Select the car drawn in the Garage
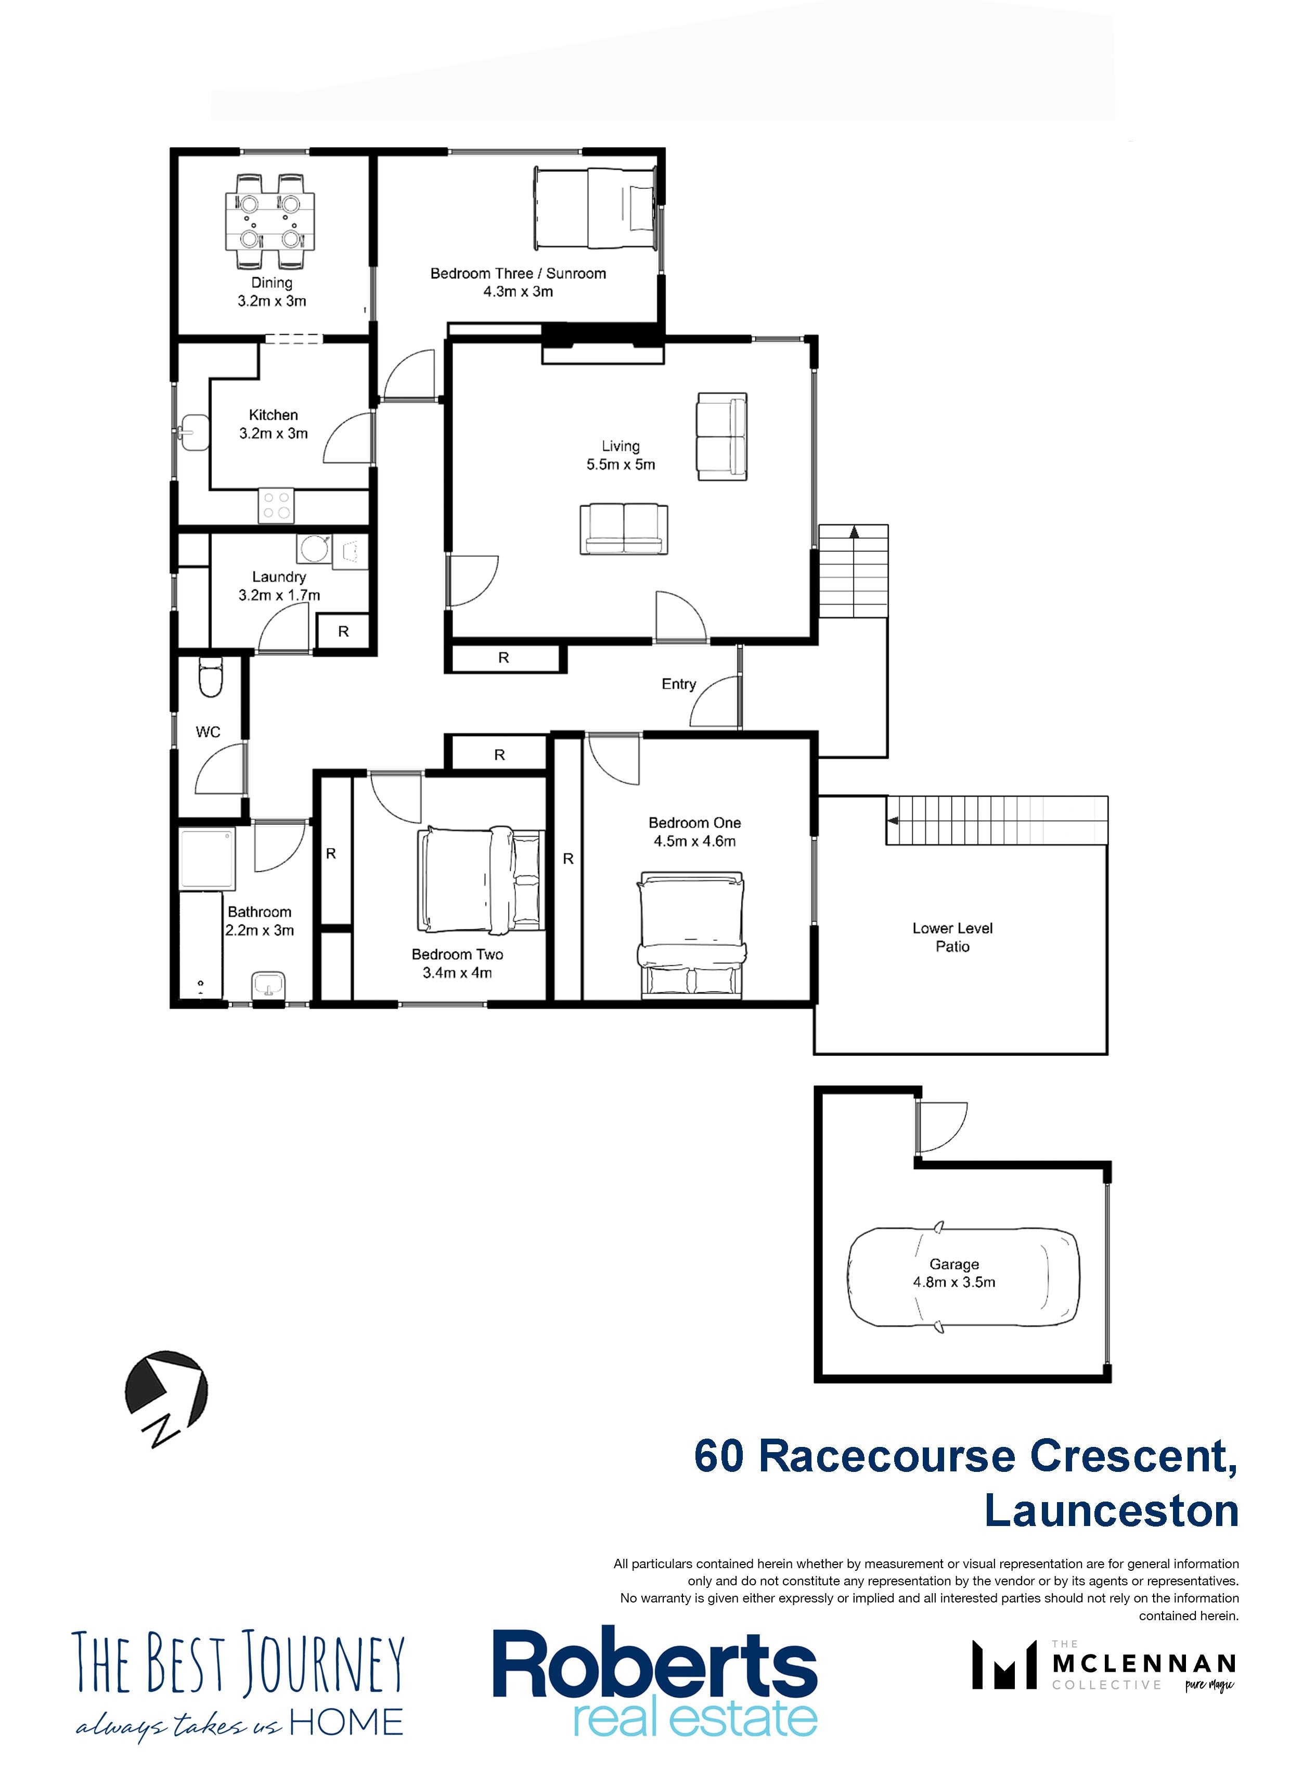coord(962,1277)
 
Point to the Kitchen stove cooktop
coord(276,505)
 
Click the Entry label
coord(679,684)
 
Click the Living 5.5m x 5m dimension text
coord(621,464)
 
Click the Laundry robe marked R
coord(343,631)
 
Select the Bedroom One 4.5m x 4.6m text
coord(694,841)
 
